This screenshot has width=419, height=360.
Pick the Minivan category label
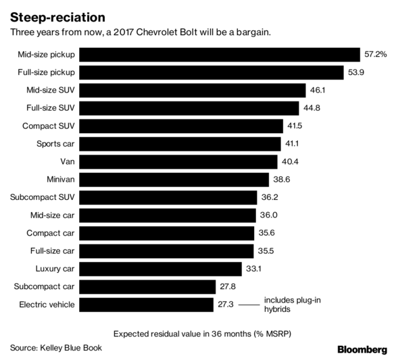(59, 180)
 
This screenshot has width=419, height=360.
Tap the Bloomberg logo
(362, 349)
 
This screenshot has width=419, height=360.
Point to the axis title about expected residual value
(205, 333)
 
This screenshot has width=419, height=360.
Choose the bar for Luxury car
(162, 269)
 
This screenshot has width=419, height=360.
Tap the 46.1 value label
(317, 91)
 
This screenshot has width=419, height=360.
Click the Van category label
(68, 162)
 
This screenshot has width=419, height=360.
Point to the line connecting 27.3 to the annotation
(248, 305)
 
